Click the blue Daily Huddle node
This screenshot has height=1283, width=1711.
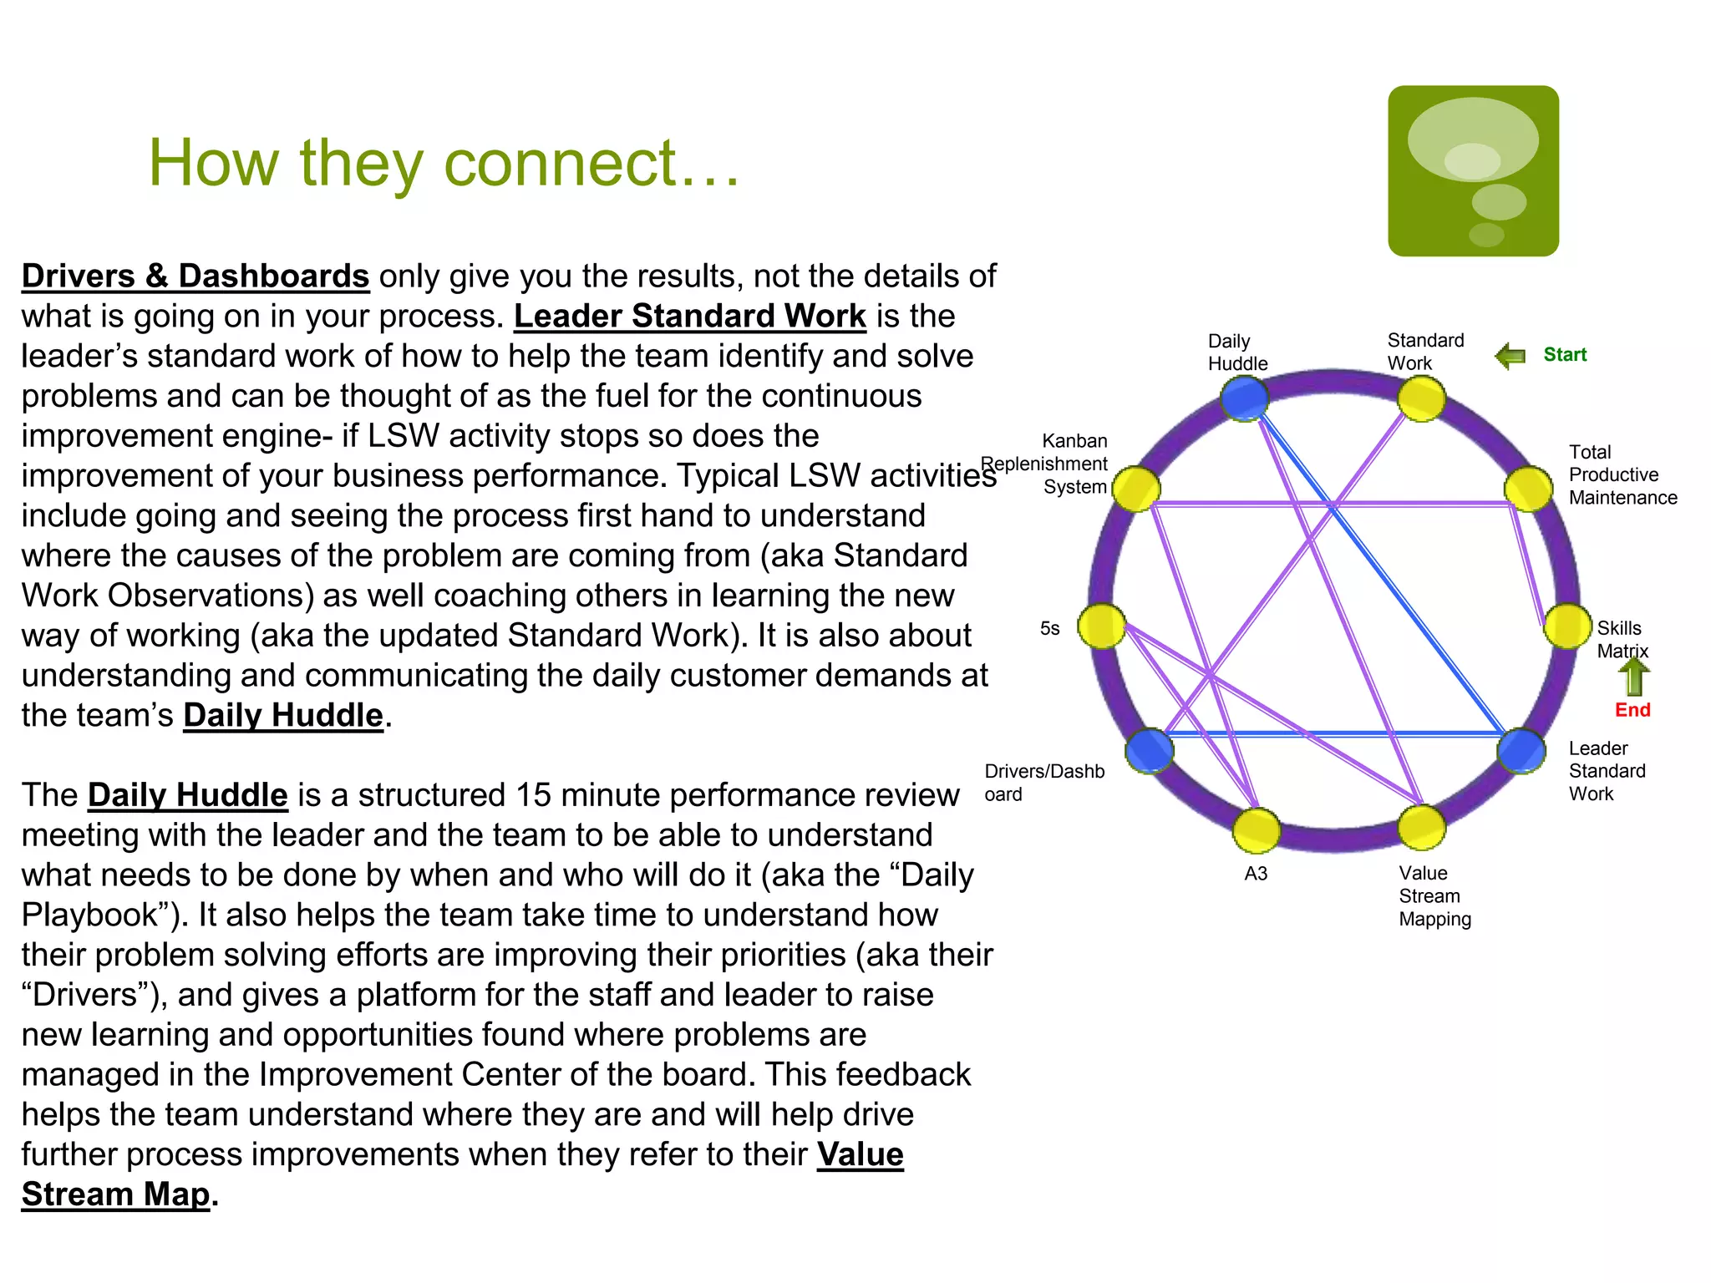coord(1244,398)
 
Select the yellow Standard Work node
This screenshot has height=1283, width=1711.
coord(1421,398)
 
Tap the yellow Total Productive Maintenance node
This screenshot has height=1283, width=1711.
coord(1528,489)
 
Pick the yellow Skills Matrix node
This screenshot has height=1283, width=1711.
coord(1566,626)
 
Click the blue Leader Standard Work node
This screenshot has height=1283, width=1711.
coord(1521,750)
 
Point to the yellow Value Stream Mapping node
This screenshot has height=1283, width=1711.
coord(1421,827)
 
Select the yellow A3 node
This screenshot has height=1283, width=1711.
coord(1256,830)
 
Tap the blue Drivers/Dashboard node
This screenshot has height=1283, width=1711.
coord(1150,750)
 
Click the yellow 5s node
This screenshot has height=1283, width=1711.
coord(1101,626)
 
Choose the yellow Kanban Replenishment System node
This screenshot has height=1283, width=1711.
coord(1135,489)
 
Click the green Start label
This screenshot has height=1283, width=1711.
coord(1564,355)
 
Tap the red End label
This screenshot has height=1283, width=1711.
coord(1632,710)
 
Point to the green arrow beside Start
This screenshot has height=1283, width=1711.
coord(1510,357)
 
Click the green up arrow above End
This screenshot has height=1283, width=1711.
coord(1634,677)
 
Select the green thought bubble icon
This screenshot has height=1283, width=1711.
coord(1473,171)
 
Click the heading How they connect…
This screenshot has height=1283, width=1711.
coord(444,163)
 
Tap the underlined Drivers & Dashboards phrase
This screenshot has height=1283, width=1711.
coord(195,276)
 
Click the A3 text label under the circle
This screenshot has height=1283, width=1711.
coord(1256,874)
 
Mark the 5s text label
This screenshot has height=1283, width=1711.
coord(1049,628)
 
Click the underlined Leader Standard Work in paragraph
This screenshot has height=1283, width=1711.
coord(689,317)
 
